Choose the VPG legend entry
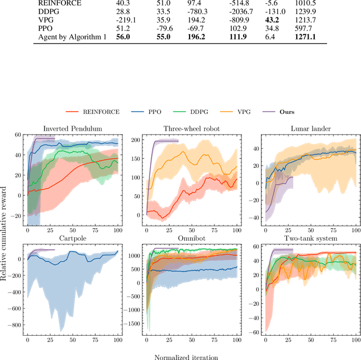pyautogui.click(x=253, y=112)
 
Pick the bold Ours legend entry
pyautogui.click(x=294, y=112)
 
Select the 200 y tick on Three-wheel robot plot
pyautogui.click(x=135, y=139)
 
